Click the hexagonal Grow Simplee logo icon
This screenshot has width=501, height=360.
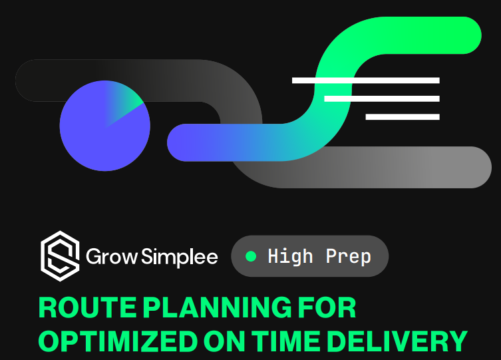(60, 256)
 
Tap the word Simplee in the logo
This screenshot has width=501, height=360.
(180, 257)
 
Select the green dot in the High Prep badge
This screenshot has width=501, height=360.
(251, 256)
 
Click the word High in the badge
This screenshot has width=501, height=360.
(290, 256)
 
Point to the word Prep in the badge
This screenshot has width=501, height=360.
(348, 256)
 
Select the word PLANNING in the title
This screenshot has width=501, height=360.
(217, 307)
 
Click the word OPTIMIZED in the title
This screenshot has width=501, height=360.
(118, 341)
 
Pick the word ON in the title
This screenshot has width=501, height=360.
(225, 341)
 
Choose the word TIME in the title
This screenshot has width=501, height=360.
(286, 341)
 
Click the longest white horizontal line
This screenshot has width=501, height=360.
(366, 81)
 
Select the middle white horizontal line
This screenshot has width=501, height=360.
(382, 98)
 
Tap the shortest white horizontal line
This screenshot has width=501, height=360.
(403, 117)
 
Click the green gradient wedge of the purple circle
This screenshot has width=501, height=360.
(123, 102)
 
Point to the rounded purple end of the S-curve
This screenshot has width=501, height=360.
(179, 142)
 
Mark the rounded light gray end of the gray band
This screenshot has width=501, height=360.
(476, 168)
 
